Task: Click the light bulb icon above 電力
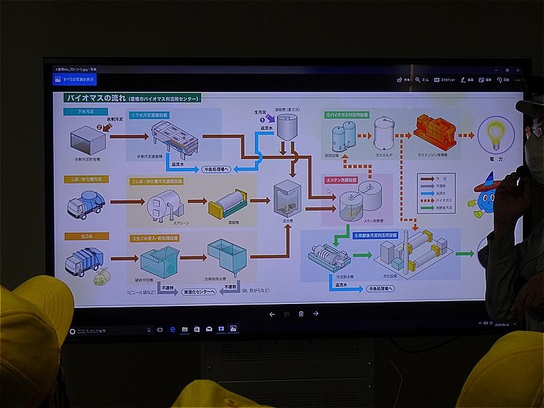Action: coord(495,133)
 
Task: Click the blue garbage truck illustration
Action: coord(84,260)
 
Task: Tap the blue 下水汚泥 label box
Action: coord(83,111)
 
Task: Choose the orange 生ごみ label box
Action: coord(79,237)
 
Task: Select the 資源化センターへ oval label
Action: coord(197,291)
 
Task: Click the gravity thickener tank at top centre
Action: coord(286,127)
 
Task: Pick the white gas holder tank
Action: coord(385,133)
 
